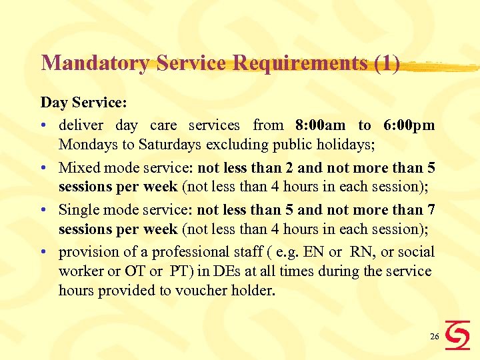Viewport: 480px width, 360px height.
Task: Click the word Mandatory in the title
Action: tap(95, 63)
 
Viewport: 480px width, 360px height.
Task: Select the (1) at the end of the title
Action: tap(387, 63)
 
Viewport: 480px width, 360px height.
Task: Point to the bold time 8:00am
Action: tap(320, 125)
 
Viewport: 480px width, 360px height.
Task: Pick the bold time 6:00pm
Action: tap(409, 125)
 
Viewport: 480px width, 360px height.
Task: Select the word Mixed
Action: tap(79, 168)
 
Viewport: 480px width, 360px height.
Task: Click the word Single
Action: tap(79, 210)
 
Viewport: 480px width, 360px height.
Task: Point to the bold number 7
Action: tap(431, 210)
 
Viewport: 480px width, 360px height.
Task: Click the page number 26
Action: tap(434, 337)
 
